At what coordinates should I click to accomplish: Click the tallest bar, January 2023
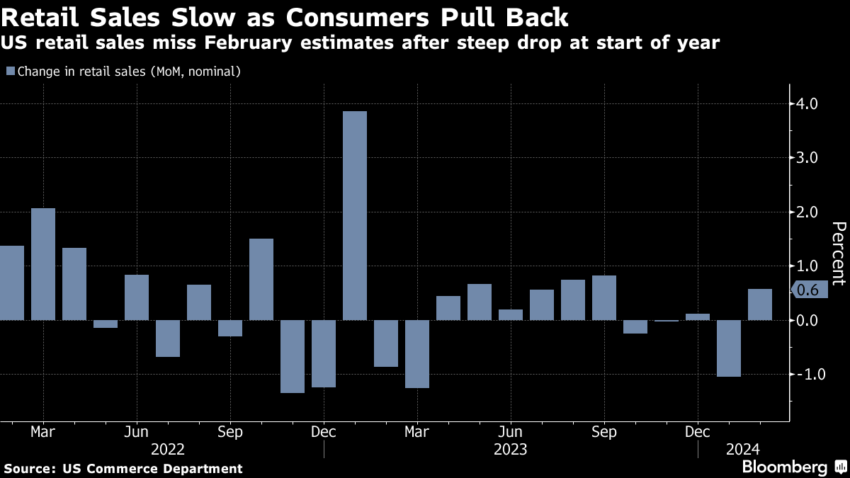point(355,215)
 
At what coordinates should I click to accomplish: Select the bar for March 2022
point(43,263)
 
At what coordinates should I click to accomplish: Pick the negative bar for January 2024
point(729,348)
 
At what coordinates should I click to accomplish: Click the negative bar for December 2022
point(324,353)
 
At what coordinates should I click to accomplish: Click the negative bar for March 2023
point(417,354)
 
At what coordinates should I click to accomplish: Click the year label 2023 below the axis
point(510,449)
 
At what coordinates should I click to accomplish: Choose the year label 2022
point(168,449)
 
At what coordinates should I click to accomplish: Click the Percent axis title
point(838,253)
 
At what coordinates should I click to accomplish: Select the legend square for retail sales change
point(10,71)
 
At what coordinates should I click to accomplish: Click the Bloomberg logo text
point(784,467)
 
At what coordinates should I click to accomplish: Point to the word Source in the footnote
point(29,468)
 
